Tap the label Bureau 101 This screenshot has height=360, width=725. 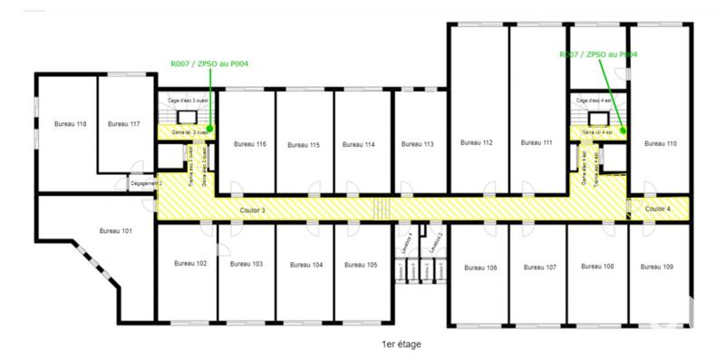tap(117, 230)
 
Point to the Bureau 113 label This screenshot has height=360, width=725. tap(417, 144)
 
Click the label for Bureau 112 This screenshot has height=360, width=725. tap(476, 142)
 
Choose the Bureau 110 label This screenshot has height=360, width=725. tap(660, 143)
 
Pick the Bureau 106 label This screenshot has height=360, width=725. tap(479, 268)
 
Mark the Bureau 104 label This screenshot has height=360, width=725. tap(305, 265)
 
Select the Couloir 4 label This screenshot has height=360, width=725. tap(657, 209)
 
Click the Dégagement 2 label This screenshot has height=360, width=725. tap(145, 182)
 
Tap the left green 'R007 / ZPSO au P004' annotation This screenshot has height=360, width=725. tap(210, 63)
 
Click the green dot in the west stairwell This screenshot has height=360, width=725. tap(209, 128)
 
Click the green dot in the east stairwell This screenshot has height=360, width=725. tap(623, 128)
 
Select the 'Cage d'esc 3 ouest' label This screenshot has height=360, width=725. tap(188, 100)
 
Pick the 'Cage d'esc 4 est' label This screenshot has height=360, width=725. tap(596, 100)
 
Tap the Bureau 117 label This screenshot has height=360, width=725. tap(122, 123)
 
